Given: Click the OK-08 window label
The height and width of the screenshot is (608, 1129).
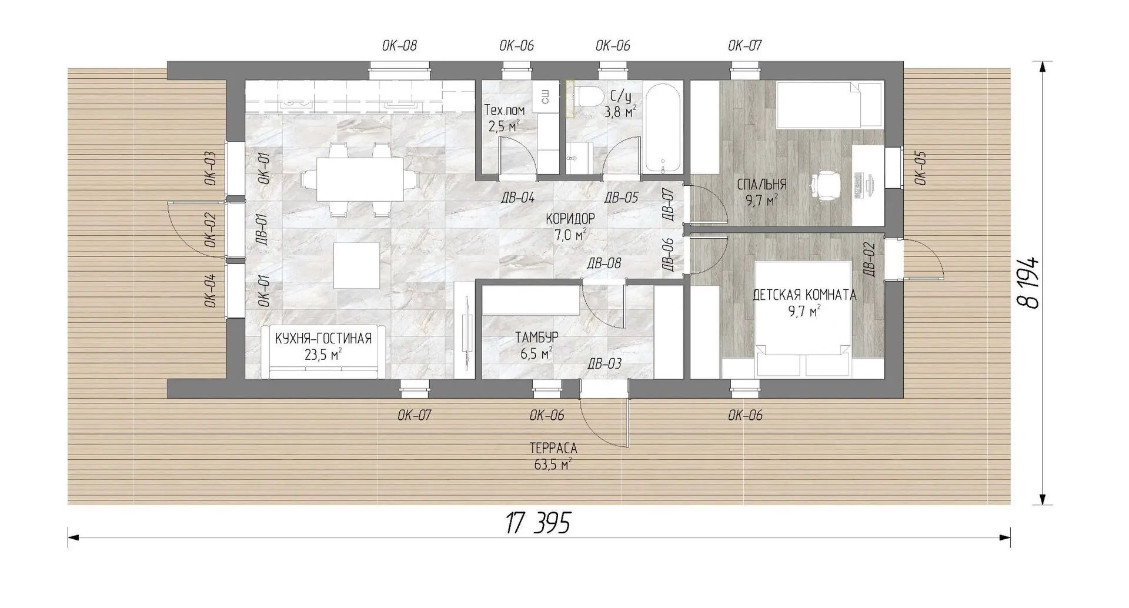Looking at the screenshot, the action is coord(399,46).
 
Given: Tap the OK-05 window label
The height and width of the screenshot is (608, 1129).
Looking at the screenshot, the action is coord(920,168).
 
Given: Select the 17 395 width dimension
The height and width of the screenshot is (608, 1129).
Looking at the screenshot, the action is coord(538,523).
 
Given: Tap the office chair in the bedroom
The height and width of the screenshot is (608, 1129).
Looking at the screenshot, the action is coord(823,185).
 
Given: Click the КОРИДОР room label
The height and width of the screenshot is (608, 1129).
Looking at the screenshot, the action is coord(570,219).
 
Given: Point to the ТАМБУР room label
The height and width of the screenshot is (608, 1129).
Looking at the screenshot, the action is coord(537,338).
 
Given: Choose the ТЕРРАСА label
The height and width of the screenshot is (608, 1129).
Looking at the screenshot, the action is coord(553,448).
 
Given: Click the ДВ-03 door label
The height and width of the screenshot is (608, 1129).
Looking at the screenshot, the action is coord(604,364).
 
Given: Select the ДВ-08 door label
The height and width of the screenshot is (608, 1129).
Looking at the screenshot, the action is coord(604,263).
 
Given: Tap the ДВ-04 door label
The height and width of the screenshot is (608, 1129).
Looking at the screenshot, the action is coord(517,198).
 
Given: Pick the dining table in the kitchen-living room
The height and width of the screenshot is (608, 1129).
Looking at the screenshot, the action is coord(360,179).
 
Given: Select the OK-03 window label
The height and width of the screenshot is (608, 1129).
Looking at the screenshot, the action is coord(210,169).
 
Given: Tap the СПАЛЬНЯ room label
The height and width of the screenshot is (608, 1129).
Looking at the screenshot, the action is coord(762,185).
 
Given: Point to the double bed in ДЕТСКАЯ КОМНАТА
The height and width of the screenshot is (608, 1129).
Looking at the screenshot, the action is coord(803,318).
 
